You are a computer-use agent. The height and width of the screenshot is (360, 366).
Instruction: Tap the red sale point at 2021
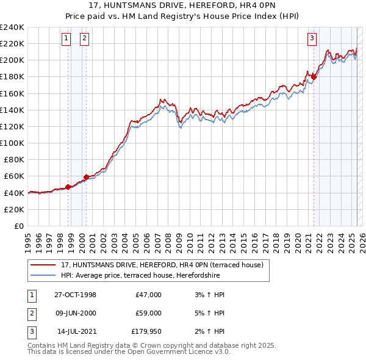314,77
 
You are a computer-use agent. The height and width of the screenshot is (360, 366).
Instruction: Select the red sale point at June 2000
86,176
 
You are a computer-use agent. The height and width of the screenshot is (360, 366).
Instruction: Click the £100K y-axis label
12,143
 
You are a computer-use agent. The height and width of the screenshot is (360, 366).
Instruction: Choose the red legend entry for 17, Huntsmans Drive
162,265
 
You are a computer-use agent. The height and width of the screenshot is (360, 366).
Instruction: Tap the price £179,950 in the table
146,331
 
